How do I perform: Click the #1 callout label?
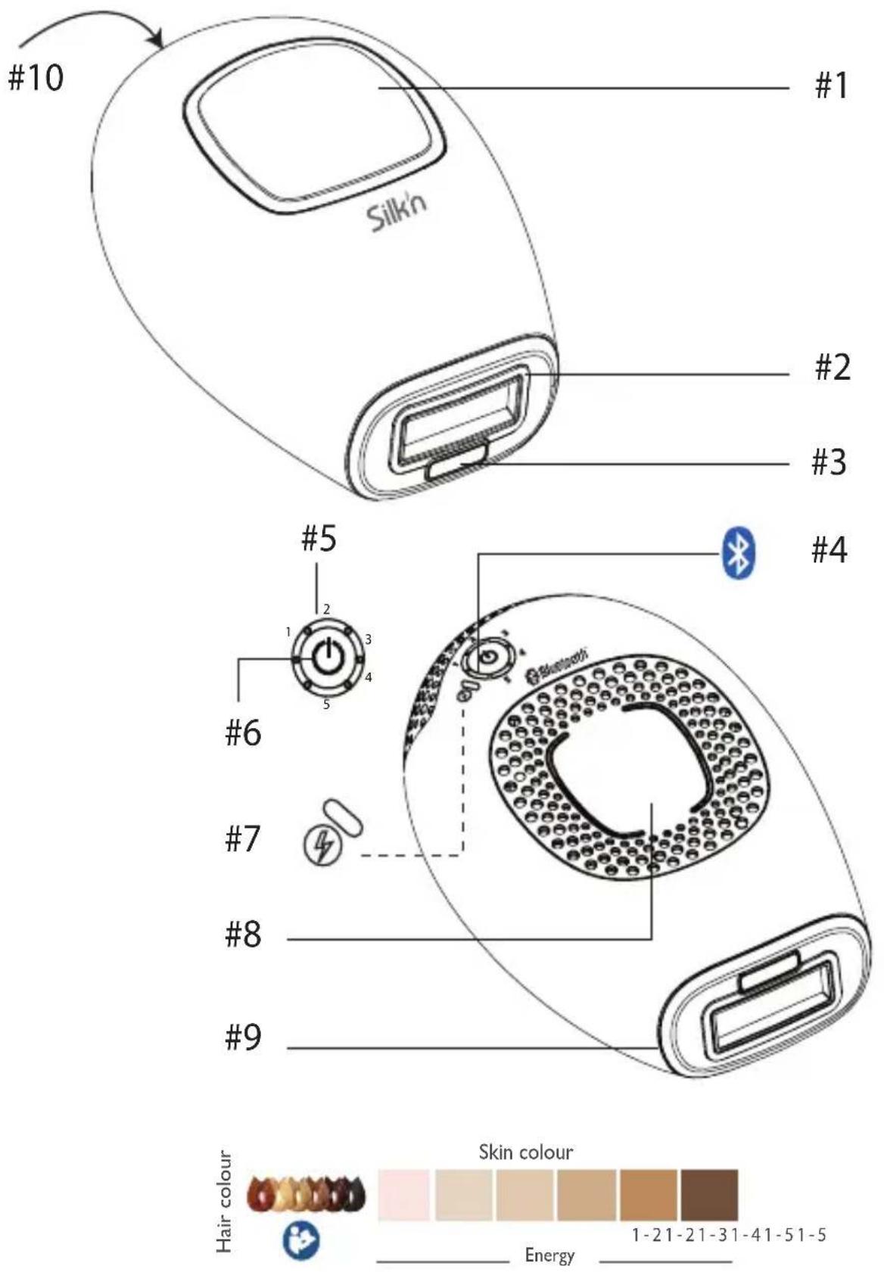coord(831,86)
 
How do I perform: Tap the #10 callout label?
coord(36,77)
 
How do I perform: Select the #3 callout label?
coord(829,462)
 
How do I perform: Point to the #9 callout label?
coord(243,1037)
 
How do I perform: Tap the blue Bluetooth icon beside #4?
coord(739,553)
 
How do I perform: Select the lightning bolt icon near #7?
coord(319,847)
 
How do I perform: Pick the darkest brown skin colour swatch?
coord(709,1195)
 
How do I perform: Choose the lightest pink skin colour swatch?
coord(403,1195)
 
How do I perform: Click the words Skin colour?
coord(526,1152)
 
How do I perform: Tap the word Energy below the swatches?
coord(549,1256)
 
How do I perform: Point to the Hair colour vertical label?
coord(224,1201)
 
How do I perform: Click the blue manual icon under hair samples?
coord(301,1241)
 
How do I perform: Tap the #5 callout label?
coord(319,540)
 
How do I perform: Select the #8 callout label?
coord(243,935)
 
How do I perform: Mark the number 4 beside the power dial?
coord(369,677)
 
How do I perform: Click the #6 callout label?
coord(243,733)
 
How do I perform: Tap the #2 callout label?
coord(832,367)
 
